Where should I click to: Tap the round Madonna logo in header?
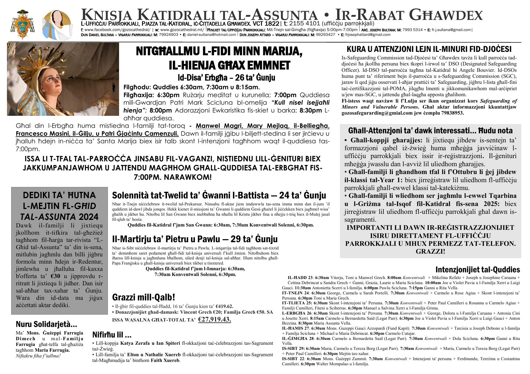(x=57, y=24)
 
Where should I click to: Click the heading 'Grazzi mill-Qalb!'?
(x=144, y=297)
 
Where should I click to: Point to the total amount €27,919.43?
(x=215, y=319)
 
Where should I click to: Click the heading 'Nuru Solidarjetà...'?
(x=46, y=325)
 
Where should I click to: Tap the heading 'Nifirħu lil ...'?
(x=112, y=335)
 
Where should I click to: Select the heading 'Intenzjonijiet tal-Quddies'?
(x=477, y=269)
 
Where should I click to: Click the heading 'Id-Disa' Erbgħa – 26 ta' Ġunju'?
(x=226, y=78)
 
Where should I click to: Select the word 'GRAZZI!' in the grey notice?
(x=430, y=251)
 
